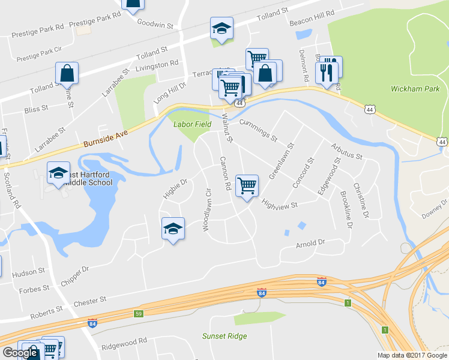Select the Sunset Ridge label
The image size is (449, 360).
(x=224, y=336)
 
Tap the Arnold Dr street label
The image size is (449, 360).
(x=310, y=244)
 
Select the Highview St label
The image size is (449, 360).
(x=280, y=206)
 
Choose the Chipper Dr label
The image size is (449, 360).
(x=74, y=276)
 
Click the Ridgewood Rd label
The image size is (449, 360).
(x=124, y=341)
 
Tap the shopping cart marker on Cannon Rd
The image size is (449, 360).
(x=247, y=186)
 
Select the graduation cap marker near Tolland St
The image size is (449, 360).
(x=221, y=28)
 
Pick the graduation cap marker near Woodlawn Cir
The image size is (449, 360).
(x=173, y=229)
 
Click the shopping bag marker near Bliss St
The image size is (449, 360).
(x=67, y=74)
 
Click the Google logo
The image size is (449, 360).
(x=20, y=353)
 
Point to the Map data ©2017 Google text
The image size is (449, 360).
(x=411, y=355)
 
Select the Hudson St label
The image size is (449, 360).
(x=29, y=272)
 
